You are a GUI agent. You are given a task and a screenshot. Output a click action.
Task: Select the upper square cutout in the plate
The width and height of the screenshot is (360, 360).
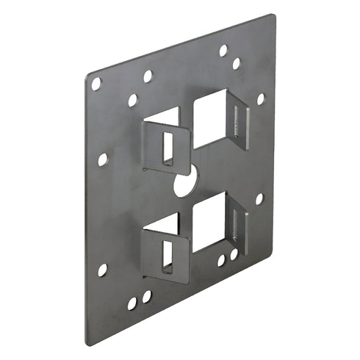point(209,118)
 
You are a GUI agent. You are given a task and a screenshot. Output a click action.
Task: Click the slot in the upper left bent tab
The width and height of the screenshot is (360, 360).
point(168,147)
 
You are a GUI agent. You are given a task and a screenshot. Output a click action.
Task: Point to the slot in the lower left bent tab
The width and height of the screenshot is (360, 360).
point(168,253)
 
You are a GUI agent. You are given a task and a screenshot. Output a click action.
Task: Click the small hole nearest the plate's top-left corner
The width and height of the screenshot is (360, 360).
point(96,84)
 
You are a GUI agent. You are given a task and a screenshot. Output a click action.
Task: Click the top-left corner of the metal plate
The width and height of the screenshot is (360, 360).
point(86,74)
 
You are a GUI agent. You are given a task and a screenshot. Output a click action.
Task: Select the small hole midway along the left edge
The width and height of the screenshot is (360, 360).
point(103,159)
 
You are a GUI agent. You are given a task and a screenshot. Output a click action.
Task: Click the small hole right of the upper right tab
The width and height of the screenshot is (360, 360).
point(260,99)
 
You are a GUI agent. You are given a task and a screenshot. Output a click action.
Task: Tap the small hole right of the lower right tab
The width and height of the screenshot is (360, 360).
point(259,198)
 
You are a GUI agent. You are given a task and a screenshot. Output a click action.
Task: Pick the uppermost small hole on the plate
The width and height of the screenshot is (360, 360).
point(223,51)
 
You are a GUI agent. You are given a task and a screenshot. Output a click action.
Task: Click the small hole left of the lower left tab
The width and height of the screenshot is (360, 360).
point(103,270)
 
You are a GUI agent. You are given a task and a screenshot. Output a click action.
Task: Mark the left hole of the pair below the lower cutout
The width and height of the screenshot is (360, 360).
point(220,259)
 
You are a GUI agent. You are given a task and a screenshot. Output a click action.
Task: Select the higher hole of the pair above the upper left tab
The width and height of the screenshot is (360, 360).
point(148,76)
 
